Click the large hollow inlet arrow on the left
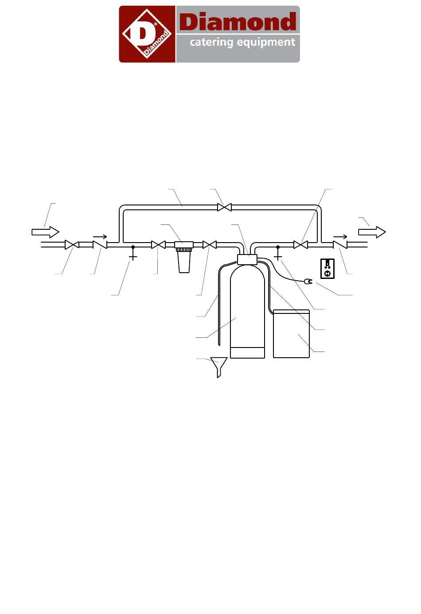tap(45, 232)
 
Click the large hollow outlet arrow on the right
tap(372, 232)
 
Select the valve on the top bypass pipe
tap(224, 207)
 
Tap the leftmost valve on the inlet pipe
tap(72, 244)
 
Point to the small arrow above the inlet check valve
tap(100, 237)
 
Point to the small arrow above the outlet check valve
tap(340, 237)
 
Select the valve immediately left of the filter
tap(158, 244)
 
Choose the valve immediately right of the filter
tap(210, 244)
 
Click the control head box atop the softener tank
tap(247, 259)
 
